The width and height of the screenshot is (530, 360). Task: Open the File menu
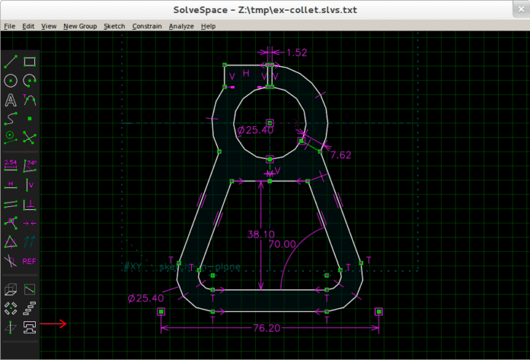point(10,26)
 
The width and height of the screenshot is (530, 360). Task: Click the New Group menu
point(80,26)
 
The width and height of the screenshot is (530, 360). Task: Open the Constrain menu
point(146,26)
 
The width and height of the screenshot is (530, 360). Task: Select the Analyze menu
point(181,26)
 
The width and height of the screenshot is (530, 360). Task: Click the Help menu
point(208,26)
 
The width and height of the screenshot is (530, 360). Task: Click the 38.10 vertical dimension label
point(261,234)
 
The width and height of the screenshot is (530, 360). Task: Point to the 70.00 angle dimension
point(283,244)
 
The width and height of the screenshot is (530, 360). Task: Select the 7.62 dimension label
point(340,155)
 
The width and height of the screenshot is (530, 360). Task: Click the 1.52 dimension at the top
point(297,53)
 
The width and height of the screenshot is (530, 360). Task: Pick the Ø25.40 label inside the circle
point(255,130)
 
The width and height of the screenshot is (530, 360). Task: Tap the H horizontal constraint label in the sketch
point(246,73)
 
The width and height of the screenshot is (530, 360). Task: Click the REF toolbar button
point(30,261)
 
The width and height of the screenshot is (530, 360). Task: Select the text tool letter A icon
point(11,100)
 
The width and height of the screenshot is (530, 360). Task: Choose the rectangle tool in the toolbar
point(30,62)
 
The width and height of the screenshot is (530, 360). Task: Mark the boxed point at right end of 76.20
point(378,311)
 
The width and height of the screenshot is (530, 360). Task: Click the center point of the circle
point(270,122)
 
